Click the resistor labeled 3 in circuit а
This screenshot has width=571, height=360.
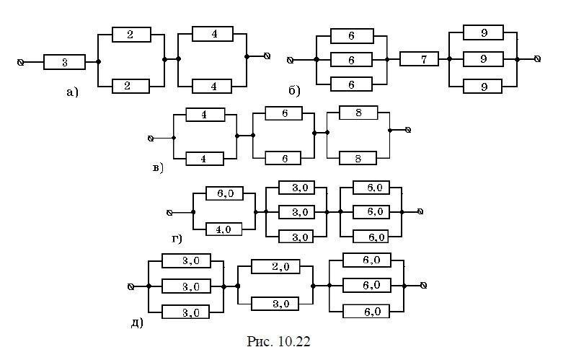64,63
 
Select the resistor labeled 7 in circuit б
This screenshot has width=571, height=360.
419,59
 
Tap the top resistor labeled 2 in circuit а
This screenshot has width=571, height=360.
131,35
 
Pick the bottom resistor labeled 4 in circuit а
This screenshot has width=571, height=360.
211,87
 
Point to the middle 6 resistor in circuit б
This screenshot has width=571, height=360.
352,59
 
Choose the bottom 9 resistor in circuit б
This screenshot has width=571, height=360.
482,86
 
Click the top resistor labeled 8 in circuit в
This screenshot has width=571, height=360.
358,113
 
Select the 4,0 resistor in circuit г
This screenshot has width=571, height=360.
223,230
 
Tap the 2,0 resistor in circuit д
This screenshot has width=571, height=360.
270,267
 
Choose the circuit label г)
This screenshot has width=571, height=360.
176,239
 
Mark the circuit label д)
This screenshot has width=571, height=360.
137,322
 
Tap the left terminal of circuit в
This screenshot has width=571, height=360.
150,137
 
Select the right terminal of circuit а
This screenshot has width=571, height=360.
267,55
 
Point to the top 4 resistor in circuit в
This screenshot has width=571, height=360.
204,114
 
